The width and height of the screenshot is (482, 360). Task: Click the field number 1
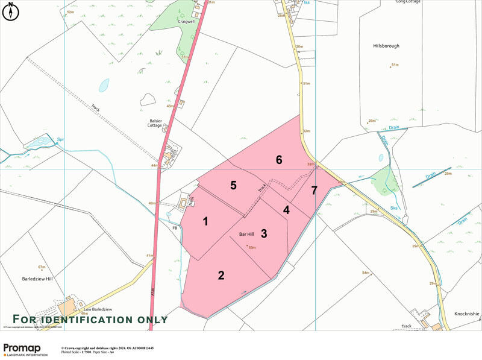(205, 221)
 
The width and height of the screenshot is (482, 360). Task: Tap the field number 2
(221, 276)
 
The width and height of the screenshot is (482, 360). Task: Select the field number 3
(263, 233)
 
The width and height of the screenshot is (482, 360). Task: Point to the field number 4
(286, 210)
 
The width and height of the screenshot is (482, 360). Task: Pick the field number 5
(233, 185)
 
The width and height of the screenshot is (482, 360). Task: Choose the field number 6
(279, 160)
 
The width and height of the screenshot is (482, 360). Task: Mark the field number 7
(314, 191)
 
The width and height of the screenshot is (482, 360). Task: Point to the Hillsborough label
(386, 46)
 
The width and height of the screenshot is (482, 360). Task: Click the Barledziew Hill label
(37, 279)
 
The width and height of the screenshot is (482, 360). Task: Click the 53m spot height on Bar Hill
(252, 247)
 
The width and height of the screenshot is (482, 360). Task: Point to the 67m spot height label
(42, 267)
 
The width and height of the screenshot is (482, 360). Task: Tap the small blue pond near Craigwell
(105, 84)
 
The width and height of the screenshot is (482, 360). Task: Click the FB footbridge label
(175, 229)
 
